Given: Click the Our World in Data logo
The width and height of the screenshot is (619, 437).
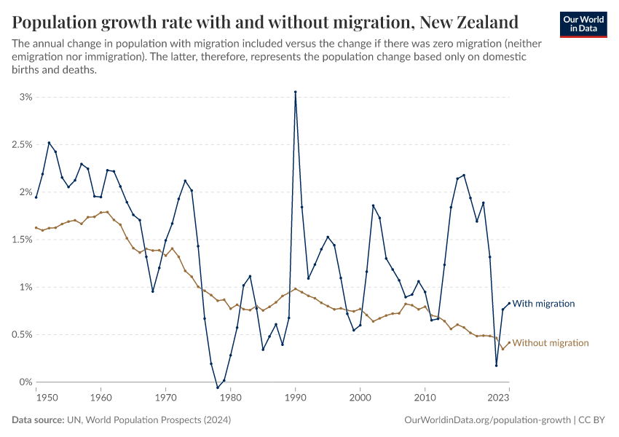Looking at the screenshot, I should (583, 23).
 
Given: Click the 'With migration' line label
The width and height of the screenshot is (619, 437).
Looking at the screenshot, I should (543, 304).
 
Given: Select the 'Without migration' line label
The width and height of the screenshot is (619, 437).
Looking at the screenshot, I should (551, 343).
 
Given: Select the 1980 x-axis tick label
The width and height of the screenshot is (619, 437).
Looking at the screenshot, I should (230, 398).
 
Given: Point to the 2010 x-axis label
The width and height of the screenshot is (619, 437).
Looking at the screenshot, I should (425, 398).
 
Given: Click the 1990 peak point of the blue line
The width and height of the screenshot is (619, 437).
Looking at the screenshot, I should (295, 92).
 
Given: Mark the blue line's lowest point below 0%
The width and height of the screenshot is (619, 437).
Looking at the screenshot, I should (218, 387).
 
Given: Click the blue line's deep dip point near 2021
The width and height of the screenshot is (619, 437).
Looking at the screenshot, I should (496, 366).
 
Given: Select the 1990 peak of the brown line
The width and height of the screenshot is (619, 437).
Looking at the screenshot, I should (295, 288).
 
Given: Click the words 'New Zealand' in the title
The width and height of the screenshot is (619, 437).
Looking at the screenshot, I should (469, 22).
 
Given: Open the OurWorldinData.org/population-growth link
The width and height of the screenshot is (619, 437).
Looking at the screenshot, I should (486, 420).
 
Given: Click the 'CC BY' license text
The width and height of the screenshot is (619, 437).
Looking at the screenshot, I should (594, 420).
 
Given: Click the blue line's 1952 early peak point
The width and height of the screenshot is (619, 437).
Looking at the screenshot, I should (49, 143).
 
